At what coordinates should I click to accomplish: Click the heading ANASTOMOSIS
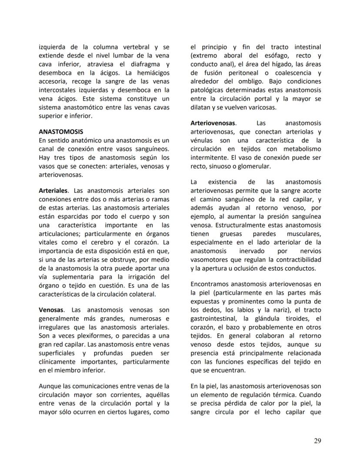coord(61,131)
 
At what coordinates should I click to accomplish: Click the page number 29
coord(317,441)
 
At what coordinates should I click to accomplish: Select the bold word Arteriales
coord(53,191)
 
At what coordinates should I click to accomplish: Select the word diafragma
coord(145,64)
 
